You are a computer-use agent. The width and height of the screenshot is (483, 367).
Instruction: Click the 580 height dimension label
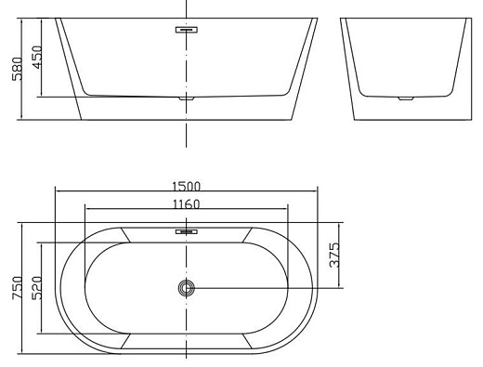click(18, 69)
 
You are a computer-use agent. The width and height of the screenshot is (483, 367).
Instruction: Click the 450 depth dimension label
click(37, 57)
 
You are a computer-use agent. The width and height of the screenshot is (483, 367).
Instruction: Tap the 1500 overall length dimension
click(187, 187)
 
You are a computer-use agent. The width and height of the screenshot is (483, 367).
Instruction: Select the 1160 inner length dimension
click(187, 204)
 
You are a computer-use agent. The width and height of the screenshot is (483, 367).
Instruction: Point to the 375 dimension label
click(334, 256)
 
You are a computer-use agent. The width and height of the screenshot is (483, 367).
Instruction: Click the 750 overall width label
click(18, 288)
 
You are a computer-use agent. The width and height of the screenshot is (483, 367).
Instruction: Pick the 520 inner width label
click(37, 288)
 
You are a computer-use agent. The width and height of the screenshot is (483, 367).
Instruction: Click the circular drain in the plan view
click(187, 288)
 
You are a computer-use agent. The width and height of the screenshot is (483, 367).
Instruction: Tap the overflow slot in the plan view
click(187, 231)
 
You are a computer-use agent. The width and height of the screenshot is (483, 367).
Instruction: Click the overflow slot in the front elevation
click(187, 30)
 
